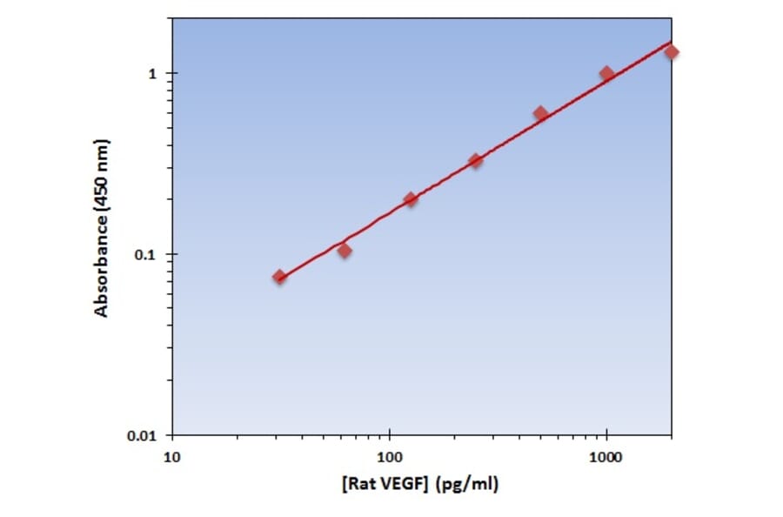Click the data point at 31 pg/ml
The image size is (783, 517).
[279, 276]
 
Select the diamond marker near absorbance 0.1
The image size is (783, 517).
[345, 251]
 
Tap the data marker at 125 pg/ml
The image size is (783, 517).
[411, 199]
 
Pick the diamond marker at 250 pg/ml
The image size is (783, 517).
[476, 160]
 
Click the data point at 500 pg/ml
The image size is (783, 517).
[540, 113]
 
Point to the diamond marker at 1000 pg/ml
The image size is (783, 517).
[606, 73]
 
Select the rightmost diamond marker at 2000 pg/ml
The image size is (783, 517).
[671, 52]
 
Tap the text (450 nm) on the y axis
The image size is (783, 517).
[102, 176]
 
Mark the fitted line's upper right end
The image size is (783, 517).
[670, 42]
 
